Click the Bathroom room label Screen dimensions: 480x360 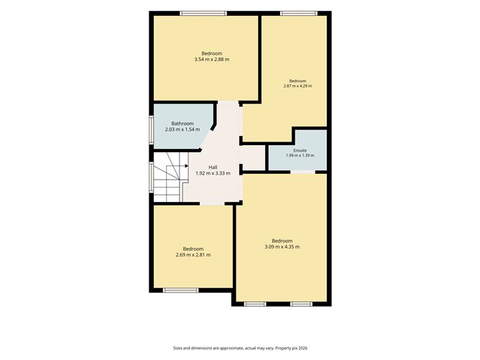click(183, 124)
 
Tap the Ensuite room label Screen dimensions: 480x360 click(300, 151)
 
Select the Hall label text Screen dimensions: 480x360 click(213, 167)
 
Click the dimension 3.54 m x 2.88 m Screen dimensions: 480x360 click(212, 60)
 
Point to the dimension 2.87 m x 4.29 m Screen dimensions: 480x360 click(298, 86)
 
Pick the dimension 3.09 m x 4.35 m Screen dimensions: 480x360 click(282, 246)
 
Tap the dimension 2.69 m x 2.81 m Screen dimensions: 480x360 click(193, 254)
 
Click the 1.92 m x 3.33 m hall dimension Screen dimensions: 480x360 click(213, 173)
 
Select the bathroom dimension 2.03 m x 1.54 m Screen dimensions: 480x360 click(183, 129)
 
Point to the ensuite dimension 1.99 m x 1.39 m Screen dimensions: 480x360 click(300, 155)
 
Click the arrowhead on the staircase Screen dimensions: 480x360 click(186, 166)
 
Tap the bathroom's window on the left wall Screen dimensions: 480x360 click(151, 129)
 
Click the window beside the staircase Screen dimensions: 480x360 click(151, 177)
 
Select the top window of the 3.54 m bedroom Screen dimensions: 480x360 click(203, 13)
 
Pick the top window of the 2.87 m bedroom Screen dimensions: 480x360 click(299, 13)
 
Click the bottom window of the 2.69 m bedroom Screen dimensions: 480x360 click(180, 290)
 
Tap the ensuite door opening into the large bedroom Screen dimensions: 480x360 click(303, 172)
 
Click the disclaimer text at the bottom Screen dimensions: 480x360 click(240, 348)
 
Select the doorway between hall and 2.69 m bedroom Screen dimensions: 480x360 click(213, 203)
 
